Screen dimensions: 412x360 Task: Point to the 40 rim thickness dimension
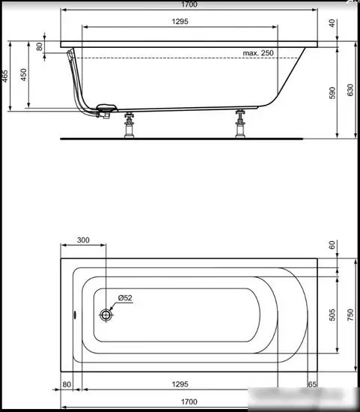coord(332,22)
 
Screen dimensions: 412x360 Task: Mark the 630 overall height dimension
coord(350,91)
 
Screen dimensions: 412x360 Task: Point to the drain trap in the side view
coord(105,110)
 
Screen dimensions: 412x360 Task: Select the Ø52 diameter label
coord(123,299)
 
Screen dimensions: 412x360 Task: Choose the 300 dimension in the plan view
coord(83,240)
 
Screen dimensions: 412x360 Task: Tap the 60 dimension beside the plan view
coord(332,245)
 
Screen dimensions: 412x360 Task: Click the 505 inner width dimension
coord(332,315)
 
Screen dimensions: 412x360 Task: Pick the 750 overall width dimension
coord(350,315)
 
